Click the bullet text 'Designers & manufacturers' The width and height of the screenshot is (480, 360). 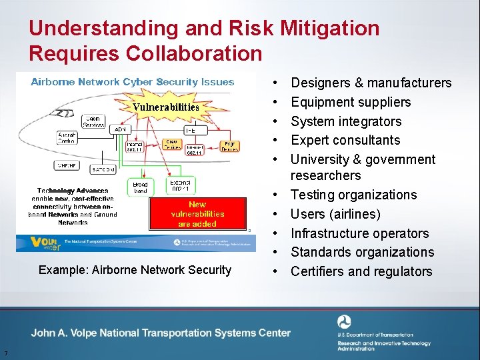(x=371, y=83)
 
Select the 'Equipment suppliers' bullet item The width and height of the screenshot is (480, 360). (x=351, y=102)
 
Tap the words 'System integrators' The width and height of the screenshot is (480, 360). (x=346, y=121)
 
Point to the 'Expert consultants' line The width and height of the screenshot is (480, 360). (x=345, y=140)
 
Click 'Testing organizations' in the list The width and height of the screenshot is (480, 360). (x=353, y=195)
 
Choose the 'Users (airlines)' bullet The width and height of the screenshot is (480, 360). (x=335, y=214)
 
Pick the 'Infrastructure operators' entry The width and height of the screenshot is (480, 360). (x=359, y=233)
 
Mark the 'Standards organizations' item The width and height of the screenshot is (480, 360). (x=362, y=252)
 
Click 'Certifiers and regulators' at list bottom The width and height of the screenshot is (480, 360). (x=361, y=271)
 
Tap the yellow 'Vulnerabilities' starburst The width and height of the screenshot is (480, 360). (x=166, y=107)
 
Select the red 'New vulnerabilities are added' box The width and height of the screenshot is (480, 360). (x=197, y=214)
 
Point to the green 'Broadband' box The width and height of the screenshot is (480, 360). (x=141, y=187)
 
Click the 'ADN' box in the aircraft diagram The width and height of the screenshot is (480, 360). (x=121, y=129)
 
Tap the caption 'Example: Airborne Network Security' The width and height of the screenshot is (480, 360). (x=135, y=270)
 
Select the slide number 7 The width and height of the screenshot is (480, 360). (x=5, y=353)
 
